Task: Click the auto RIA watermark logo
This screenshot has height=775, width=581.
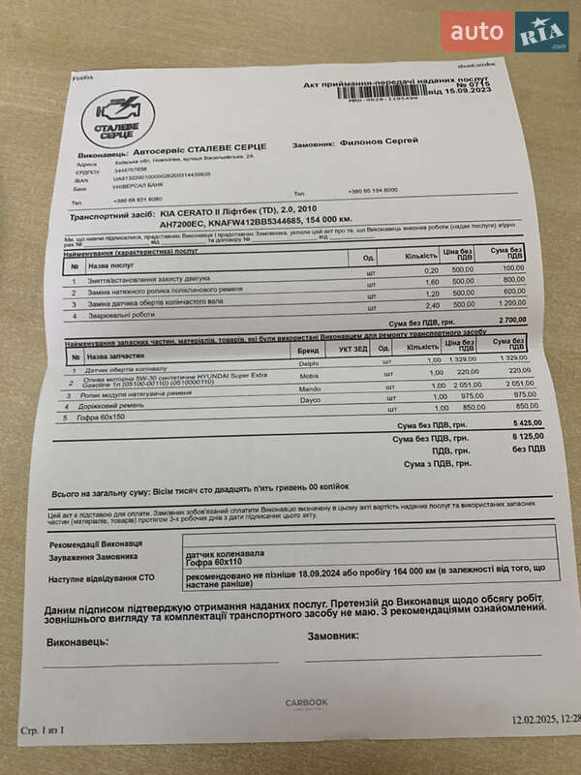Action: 505,32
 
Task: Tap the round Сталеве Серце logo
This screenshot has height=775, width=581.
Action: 117,119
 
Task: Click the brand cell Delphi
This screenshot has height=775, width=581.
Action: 308,362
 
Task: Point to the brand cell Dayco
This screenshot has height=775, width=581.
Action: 309,399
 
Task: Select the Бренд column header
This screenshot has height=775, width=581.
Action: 308,349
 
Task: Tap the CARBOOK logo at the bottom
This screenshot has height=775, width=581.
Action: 306,702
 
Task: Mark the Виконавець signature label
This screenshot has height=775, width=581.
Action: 77,641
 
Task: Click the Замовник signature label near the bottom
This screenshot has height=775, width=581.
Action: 332,635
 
